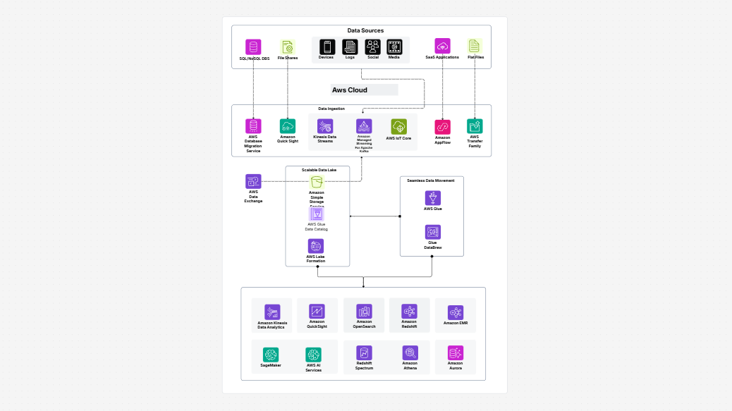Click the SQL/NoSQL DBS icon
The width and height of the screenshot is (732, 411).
click(253, 47)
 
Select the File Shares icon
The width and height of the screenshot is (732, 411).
click(287, 47)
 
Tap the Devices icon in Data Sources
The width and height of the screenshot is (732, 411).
click(326, 47)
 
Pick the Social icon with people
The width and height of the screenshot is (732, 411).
click(373, 47)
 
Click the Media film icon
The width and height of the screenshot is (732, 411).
click(394, 47)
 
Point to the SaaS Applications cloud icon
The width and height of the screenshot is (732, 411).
click(442, 46)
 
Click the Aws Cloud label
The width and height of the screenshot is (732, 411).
click(350, 90)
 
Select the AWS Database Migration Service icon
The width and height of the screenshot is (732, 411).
click(253, 126)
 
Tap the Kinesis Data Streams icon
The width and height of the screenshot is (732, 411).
click(325, 126)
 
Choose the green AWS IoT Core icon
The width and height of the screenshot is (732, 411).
click(399, 126)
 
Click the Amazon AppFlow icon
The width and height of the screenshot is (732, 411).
click(442, 127)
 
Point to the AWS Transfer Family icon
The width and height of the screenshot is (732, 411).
click(475, 126)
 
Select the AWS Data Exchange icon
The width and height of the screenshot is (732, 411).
click(253, 181)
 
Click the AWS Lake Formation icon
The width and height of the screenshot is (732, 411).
click(316, 246)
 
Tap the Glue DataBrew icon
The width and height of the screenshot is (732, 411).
click(433, 232)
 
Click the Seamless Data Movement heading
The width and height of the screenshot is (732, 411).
click(431, 180)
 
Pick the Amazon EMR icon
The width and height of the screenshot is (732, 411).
click(456, 312)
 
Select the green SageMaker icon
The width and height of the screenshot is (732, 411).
click(271, 355)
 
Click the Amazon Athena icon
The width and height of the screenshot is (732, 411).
click(410, 353)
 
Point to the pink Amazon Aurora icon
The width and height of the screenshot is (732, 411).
click(456, 353)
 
